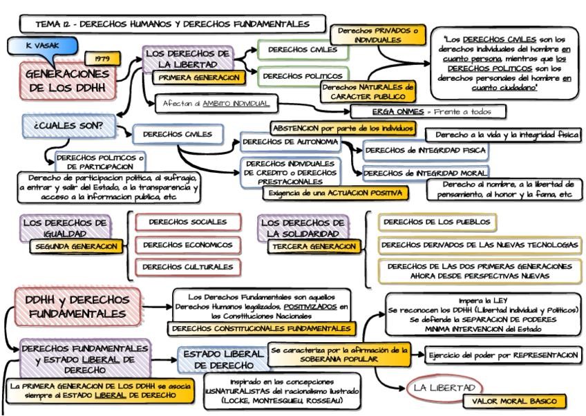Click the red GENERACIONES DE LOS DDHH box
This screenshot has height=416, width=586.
pyautogui.click(x=68, y=80)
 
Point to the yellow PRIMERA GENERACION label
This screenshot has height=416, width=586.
pyautogui.click(x=198, y=78)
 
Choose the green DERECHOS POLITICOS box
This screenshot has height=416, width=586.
pyautogui.click(x=303, y=75)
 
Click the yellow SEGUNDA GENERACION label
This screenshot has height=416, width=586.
pyautogui.click(x=77, y=246)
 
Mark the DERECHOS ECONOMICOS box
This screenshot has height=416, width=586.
pyautogui.click(x=188, y=244)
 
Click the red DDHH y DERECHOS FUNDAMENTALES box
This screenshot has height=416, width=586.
pyautogui.click(x=77, y=307)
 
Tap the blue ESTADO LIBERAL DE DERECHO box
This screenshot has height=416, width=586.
pyautogui.click(x=223, y=359)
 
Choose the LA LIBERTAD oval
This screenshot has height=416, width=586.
pyautogui.click(x=444, y=388)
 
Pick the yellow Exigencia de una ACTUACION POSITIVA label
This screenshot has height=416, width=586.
pyautogui.click(x=333, y=193)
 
